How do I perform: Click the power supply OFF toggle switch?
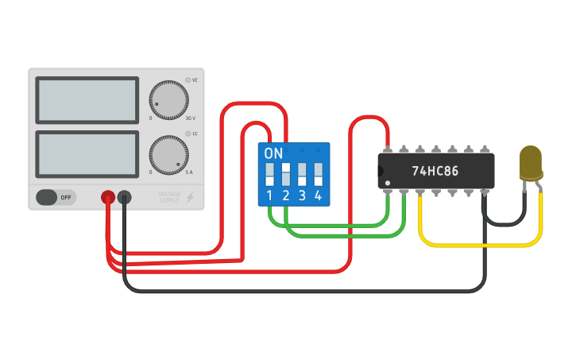click(x=56, y=197)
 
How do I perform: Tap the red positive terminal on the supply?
click(x=107, y=197)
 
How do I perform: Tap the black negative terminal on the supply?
click(x=125, y=197)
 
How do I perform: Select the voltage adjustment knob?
click(x=168, y=100)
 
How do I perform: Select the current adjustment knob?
click(x=168, y=155)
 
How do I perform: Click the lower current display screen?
click(x=87, y=154)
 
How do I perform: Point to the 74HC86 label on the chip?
click(x=435, y=171)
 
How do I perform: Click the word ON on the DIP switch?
click(x=273, y=153)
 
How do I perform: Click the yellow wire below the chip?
click(x=477, y=244)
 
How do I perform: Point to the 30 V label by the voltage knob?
click(x=190, y=118)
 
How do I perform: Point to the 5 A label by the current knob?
click(x=189, y=172)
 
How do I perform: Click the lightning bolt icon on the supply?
click(x=190, y=197)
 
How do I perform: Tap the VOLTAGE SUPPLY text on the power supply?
click(x=168, y=197)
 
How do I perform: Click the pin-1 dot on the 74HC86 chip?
click(x=388, y=184)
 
